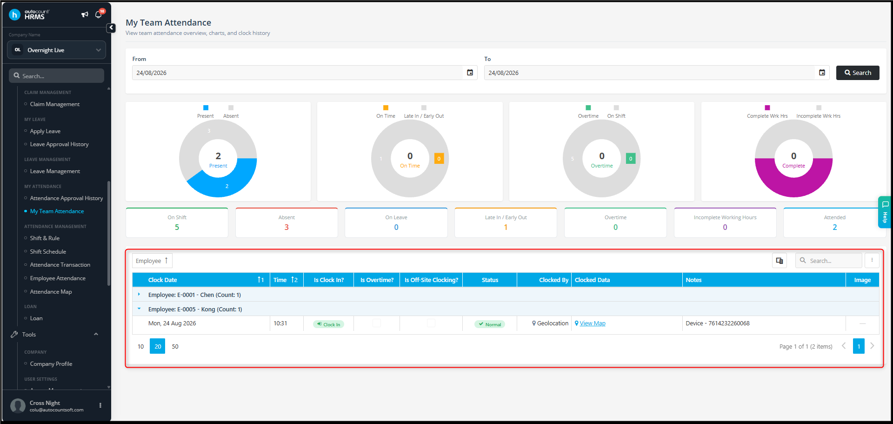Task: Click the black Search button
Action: [858, 73]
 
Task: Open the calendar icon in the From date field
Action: [470, 73]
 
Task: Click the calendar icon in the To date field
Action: [822, 73]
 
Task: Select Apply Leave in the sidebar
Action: [45, 131]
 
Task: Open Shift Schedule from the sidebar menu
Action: [48, 252]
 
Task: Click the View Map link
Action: [593, 323]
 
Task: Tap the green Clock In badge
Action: [329, 324]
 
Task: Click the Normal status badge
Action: [490, 324]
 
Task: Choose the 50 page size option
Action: [175, 346]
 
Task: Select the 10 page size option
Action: [140, 346]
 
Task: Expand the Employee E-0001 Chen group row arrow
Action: [139, 294]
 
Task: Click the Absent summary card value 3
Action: [287, 227]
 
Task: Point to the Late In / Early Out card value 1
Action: [506, 227]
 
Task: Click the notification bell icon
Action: [98, 14]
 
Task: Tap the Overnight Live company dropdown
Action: [56, 50]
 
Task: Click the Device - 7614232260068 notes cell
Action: [718, 323]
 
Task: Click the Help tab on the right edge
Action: [884, 212]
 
